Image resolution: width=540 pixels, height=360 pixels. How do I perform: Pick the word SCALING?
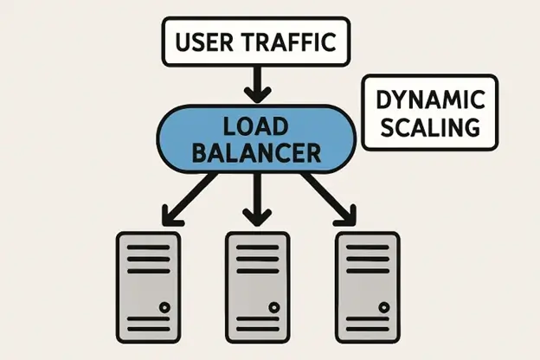click(x=430, y=127)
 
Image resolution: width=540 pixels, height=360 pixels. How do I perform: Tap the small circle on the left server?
click(x=164, y=307)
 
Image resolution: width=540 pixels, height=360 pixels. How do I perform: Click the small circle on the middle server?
click(x=273, y=307)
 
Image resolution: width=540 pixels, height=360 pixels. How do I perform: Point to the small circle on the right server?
click(x=382, y=307)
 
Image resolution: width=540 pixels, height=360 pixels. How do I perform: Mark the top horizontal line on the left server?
click(x=148, y=247)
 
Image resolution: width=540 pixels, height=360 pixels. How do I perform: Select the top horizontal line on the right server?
click(x=367, y=247)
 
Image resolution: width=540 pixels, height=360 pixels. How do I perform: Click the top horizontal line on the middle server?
click(x=257, y=247)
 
